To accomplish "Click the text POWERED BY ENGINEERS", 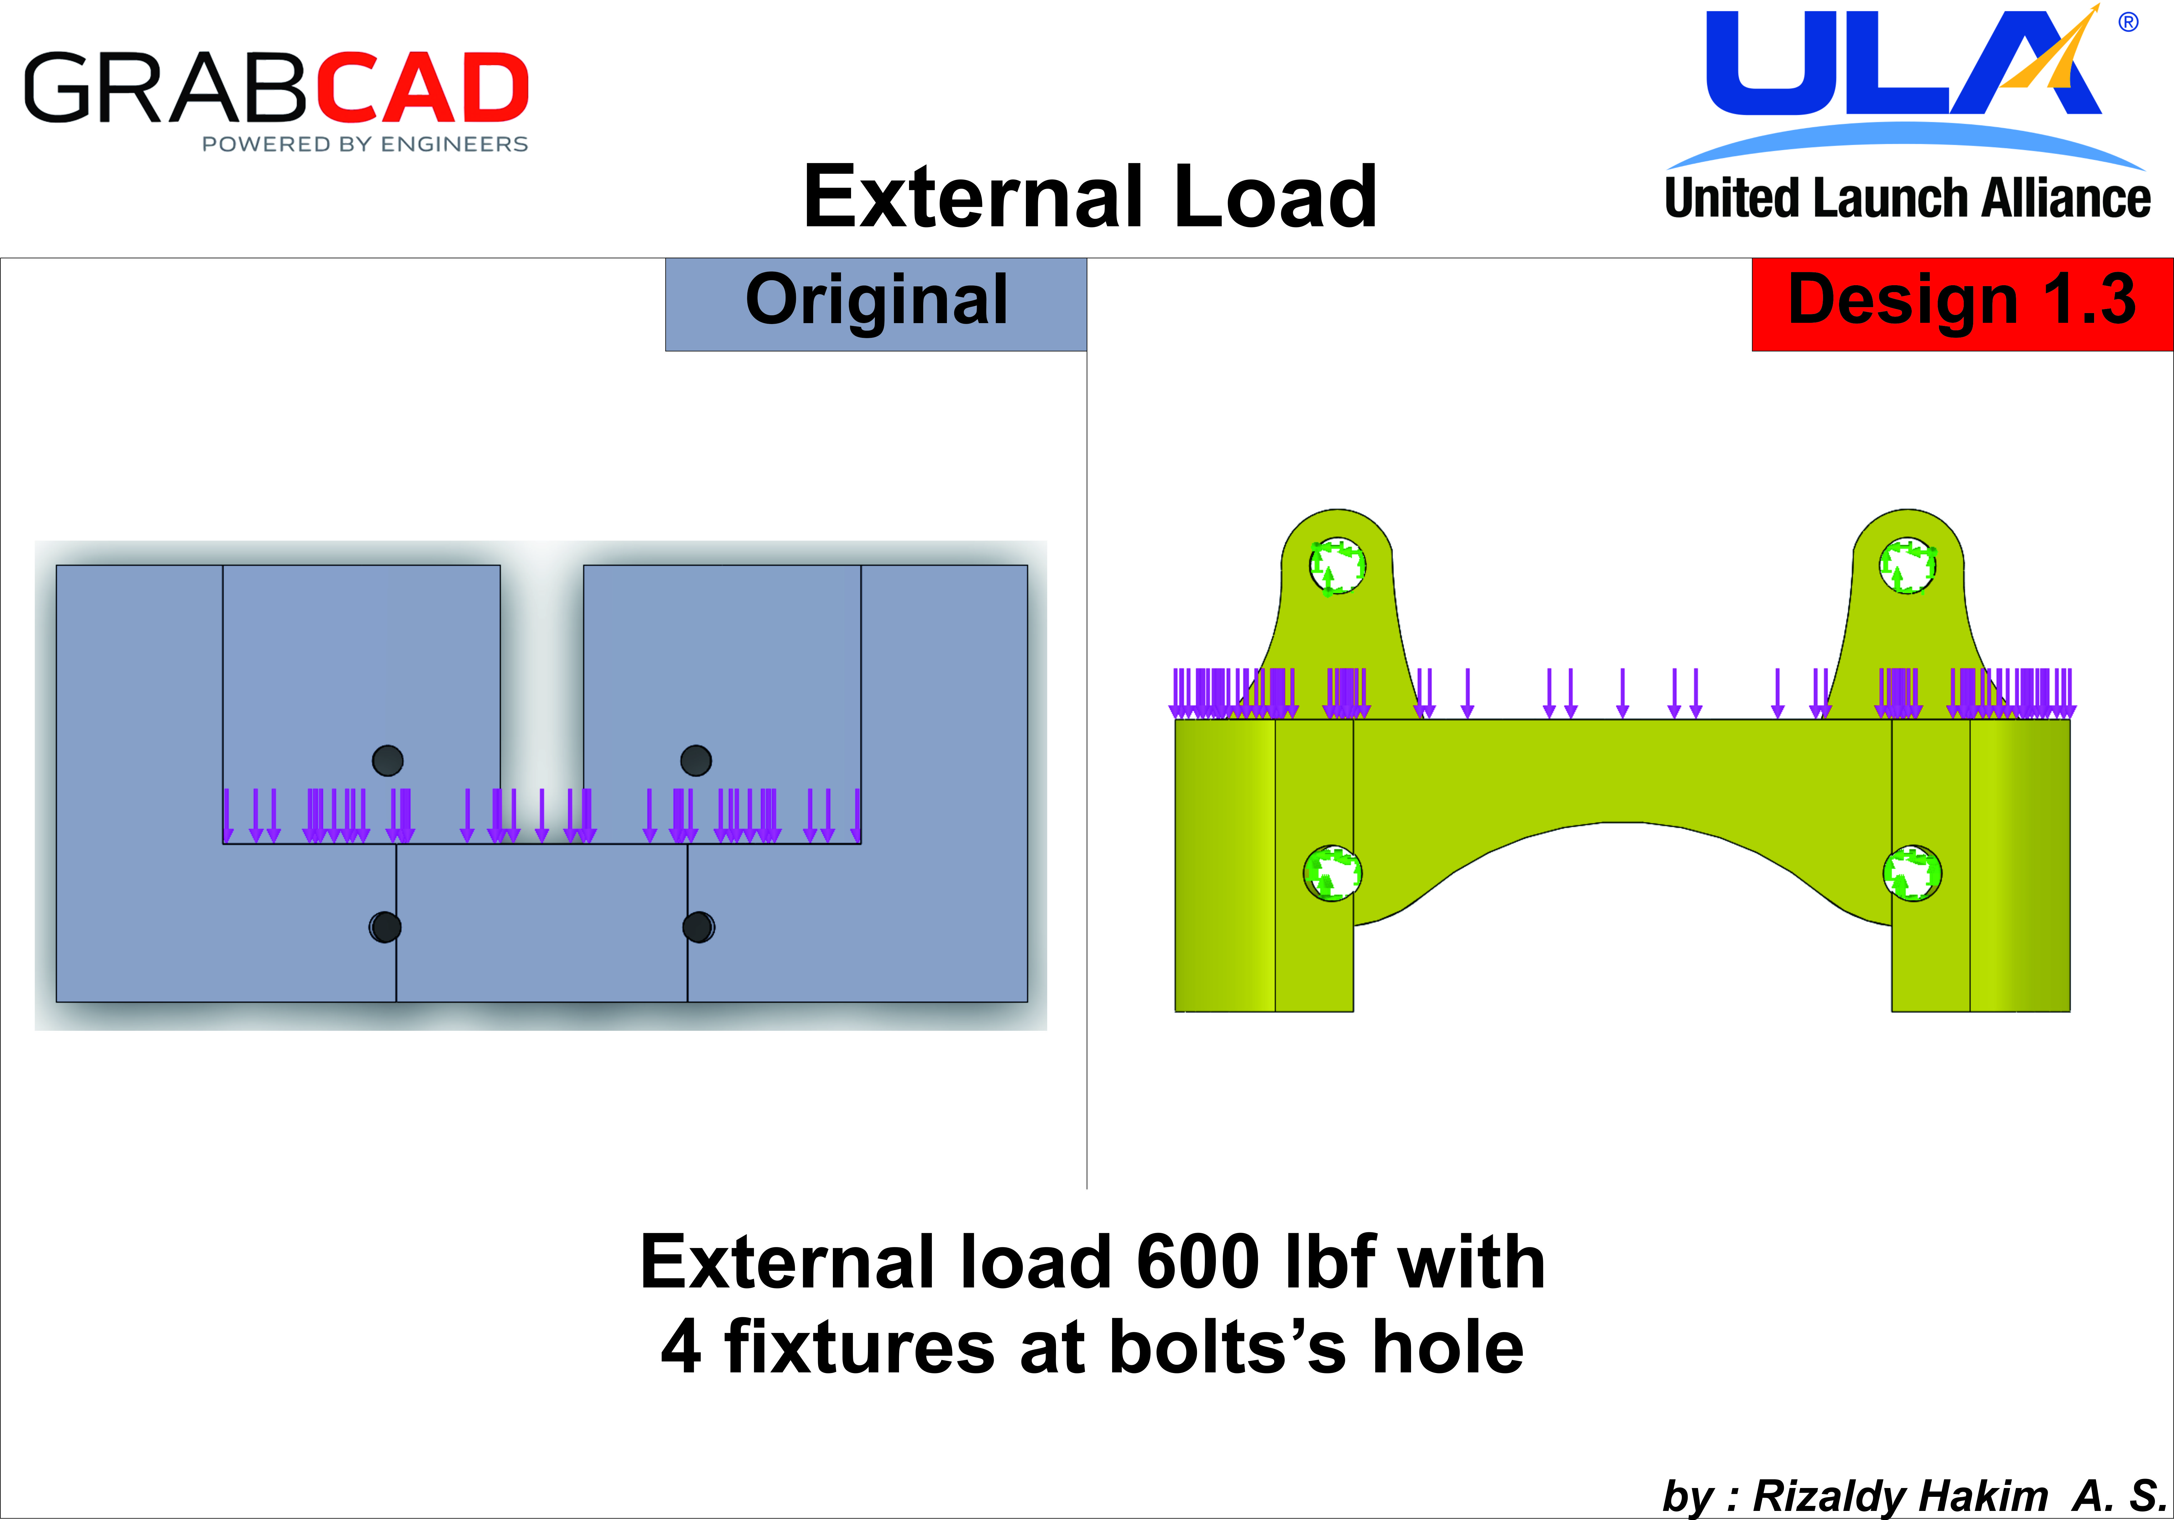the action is tap(364, 144).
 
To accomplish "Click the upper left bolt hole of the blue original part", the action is tap(387, 761).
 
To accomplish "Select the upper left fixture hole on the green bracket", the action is tap(1337, 565).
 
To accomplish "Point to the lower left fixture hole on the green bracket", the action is tap(1332, 872).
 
